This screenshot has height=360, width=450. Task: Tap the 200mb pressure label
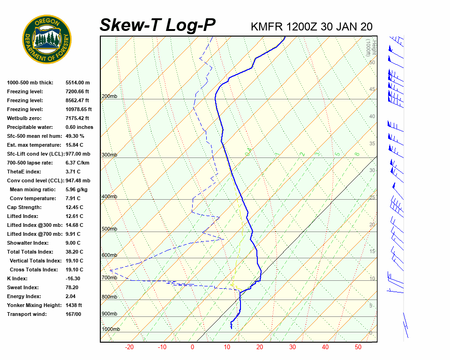click(109, 97)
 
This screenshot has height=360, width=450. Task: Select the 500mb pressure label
click(109, 229)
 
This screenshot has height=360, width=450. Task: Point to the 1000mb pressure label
click(111, 330)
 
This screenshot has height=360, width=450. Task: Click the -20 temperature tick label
click(129, 347)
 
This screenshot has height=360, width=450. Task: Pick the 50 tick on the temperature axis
click(358, 347)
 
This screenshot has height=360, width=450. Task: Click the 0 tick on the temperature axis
click(192, 347)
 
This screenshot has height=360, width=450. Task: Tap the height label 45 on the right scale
click(372, 90)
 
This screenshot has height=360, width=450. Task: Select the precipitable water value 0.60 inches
click(79, 127)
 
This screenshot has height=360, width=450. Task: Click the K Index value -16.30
click(73, 278)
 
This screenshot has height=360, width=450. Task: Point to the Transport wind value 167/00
click(73, 314)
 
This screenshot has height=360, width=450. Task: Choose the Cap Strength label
click(24, 207)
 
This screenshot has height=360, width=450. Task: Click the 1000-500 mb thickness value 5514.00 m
click(78, 82)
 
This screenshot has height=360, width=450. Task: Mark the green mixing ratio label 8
click(357, 154)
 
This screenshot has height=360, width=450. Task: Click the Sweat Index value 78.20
click(72, 287)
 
